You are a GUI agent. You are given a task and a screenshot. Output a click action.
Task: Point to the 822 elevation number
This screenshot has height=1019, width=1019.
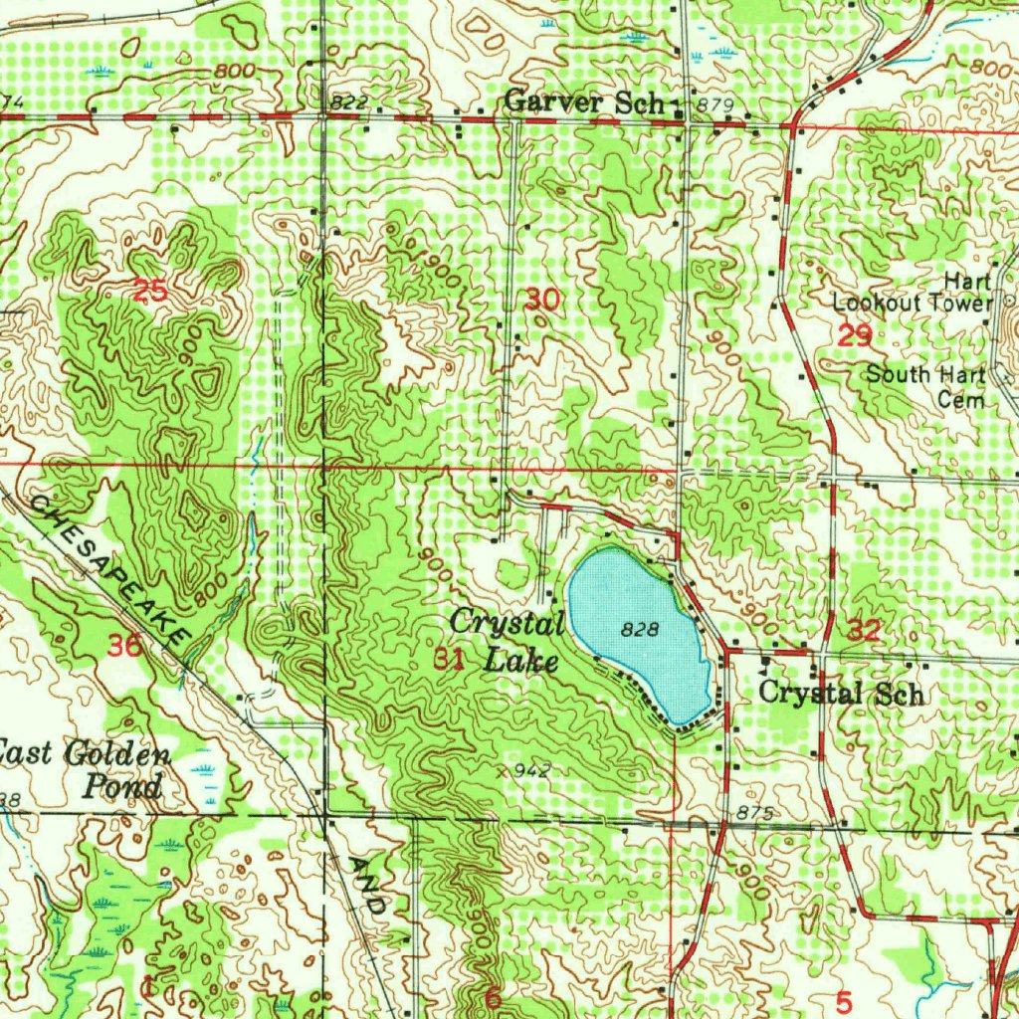(350, 103)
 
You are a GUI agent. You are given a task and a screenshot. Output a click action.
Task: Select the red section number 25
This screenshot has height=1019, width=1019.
(150, 291)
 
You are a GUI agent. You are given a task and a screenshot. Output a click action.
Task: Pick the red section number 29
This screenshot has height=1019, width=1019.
(855, 336)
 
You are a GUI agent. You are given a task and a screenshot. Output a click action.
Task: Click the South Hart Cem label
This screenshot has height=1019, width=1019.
(925, 386)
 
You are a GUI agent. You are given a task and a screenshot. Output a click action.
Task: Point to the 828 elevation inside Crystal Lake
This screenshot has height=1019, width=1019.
(640, 629)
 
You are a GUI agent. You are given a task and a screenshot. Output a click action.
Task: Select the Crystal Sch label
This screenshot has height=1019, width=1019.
(841, 693)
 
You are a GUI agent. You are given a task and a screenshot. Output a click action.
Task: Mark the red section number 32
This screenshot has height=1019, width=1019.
(864, 629)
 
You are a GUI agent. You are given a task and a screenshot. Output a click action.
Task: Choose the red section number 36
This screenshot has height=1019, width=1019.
(125, 645)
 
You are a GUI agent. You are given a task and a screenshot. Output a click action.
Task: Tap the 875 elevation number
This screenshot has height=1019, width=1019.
(755, 814)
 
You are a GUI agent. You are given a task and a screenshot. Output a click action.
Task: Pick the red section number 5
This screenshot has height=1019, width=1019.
(845, 1000)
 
